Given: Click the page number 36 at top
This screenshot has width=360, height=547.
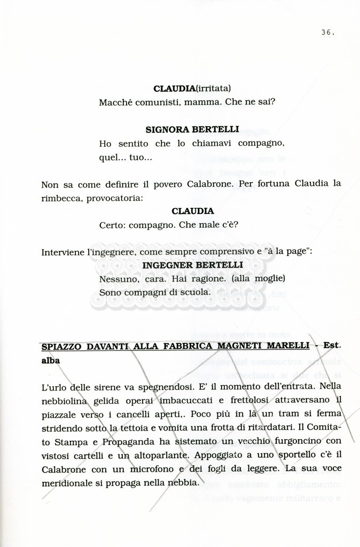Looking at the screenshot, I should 327,33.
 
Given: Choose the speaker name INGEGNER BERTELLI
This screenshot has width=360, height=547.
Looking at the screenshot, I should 192,265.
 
